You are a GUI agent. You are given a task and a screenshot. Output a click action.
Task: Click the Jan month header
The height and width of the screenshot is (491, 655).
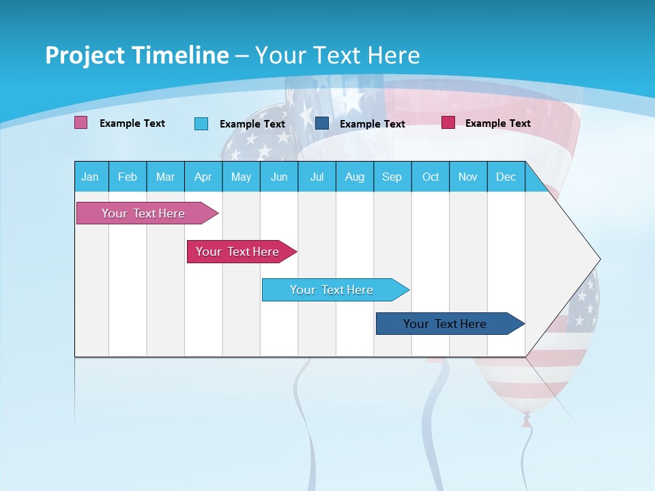[91, 177]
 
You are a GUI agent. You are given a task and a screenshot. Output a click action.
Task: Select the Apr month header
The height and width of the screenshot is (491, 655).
[203, 177]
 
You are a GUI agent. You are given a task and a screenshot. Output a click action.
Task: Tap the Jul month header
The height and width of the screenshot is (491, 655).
[317, 177]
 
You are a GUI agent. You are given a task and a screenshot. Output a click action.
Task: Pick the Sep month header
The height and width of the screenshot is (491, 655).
[392, 177]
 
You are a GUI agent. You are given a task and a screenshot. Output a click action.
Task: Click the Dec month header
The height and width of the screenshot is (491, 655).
[506, 177]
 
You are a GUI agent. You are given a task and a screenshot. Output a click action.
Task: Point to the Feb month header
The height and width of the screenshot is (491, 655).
[128, 177]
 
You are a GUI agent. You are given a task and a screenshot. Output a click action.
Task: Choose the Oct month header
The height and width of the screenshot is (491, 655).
[431, 177]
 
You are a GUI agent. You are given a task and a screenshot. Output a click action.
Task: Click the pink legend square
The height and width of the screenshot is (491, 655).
[81, 123]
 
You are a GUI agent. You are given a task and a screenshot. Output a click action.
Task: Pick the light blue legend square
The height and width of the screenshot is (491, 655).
[201, 123]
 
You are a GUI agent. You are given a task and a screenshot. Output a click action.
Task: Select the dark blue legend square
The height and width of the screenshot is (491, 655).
[322, 123]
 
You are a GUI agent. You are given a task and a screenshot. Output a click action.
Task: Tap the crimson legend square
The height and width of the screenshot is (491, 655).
[448, 123]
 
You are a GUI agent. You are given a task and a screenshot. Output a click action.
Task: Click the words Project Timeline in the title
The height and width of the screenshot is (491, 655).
[137, 55]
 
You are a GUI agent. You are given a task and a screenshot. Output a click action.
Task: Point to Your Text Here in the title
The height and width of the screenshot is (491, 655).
[337, 55]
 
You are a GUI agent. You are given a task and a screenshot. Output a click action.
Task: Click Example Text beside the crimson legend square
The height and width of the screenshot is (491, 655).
[497, 123]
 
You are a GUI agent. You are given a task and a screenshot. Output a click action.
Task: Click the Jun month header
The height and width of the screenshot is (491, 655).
[279, 177]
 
